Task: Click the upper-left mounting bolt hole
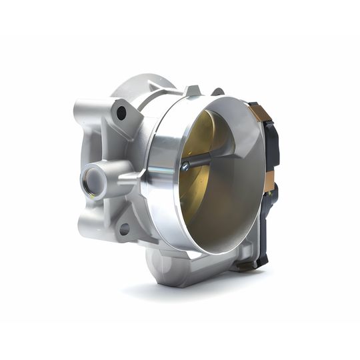[121, 113]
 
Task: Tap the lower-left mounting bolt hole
[124, 229]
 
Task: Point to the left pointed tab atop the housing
[192, 90]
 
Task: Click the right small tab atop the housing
[218, 91]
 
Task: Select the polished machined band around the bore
[160, 173]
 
